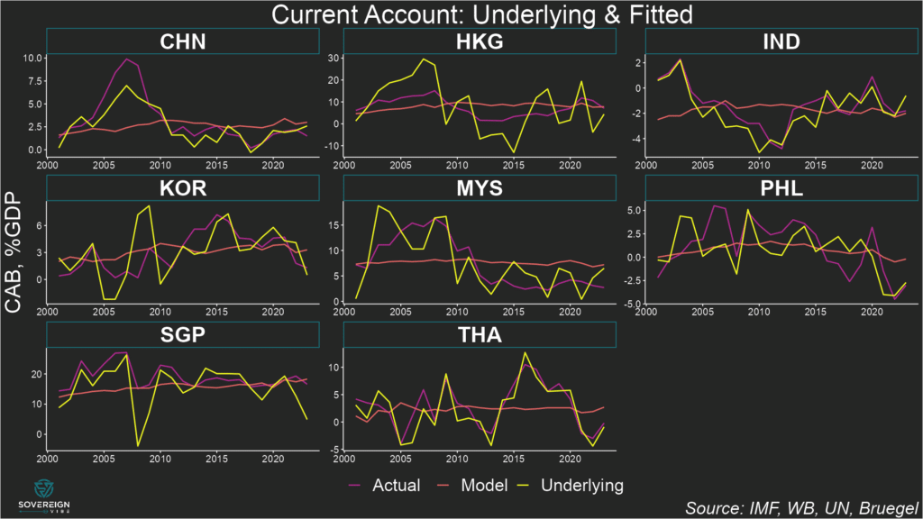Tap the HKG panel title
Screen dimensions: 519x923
(x=480, y=41)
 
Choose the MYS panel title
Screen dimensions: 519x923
(x=480, y=188)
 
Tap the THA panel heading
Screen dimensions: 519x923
(x=480, y=335)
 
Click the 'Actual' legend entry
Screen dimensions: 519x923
(x=384, y=486)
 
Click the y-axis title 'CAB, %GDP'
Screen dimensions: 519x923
(x=15, y=261)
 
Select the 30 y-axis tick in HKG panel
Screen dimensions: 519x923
(x=331, y=58)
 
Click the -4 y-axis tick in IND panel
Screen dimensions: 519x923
(x=632, y=139)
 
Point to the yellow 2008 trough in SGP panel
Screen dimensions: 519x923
(x=138, y=445)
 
